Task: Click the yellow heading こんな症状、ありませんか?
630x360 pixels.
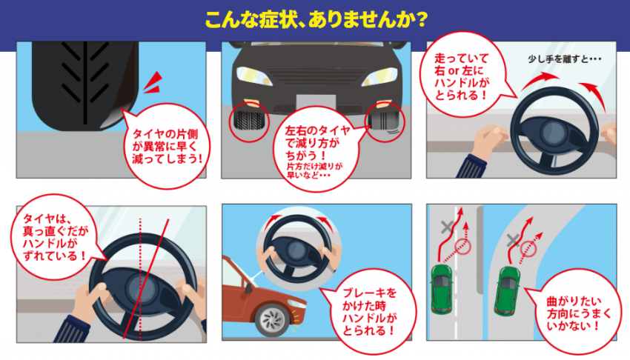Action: click(315, 17)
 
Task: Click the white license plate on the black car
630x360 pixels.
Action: click(314, 103)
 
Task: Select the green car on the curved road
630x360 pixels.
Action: click(509, 283)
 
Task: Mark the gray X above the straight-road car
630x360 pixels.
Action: click(448, 227)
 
